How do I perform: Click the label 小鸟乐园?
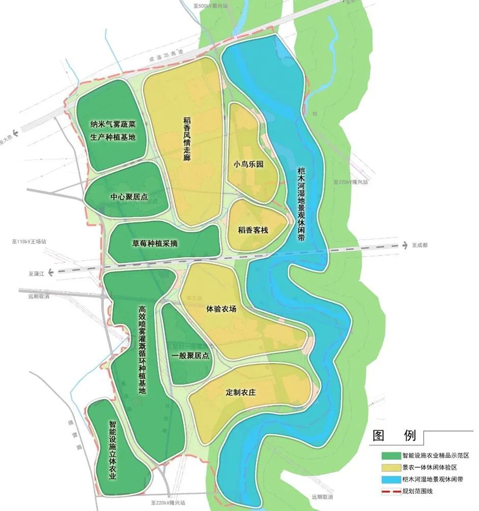(x=249, y=164)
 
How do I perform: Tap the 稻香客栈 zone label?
(x=252, y=230)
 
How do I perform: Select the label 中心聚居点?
(x=129, y=197)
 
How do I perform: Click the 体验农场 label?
(x=221, y=308)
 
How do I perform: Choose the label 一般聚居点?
(x=190, y=356)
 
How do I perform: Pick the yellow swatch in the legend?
(x=390, y=467)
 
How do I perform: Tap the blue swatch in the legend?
(x=390, y=479)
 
